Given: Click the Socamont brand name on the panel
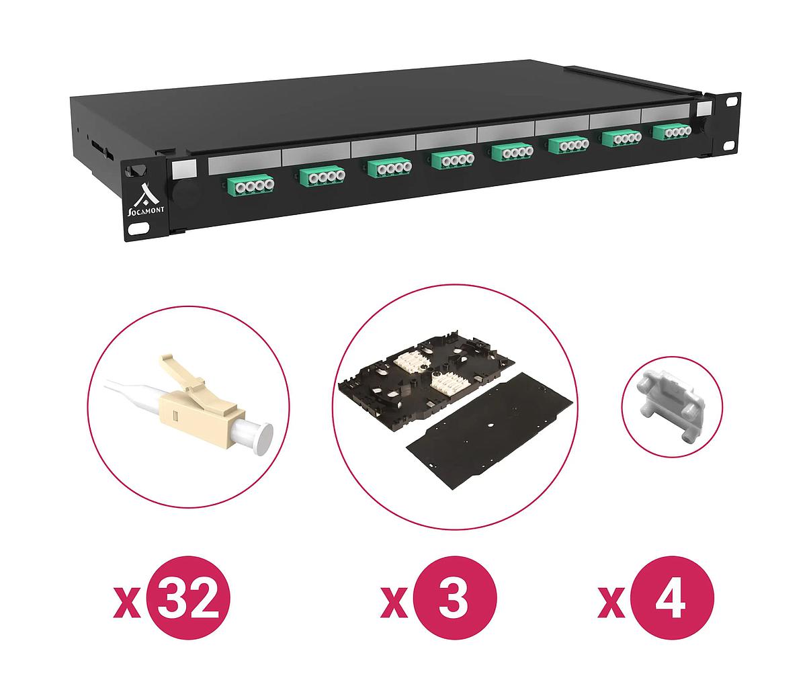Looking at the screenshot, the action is point(146,212).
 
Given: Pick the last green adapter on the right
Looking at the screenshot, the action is point(672,132).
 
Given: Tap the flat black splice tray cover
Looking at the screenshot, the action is point(490,431).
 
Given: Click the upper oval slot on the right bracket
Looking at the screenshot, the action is point(730,101).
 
